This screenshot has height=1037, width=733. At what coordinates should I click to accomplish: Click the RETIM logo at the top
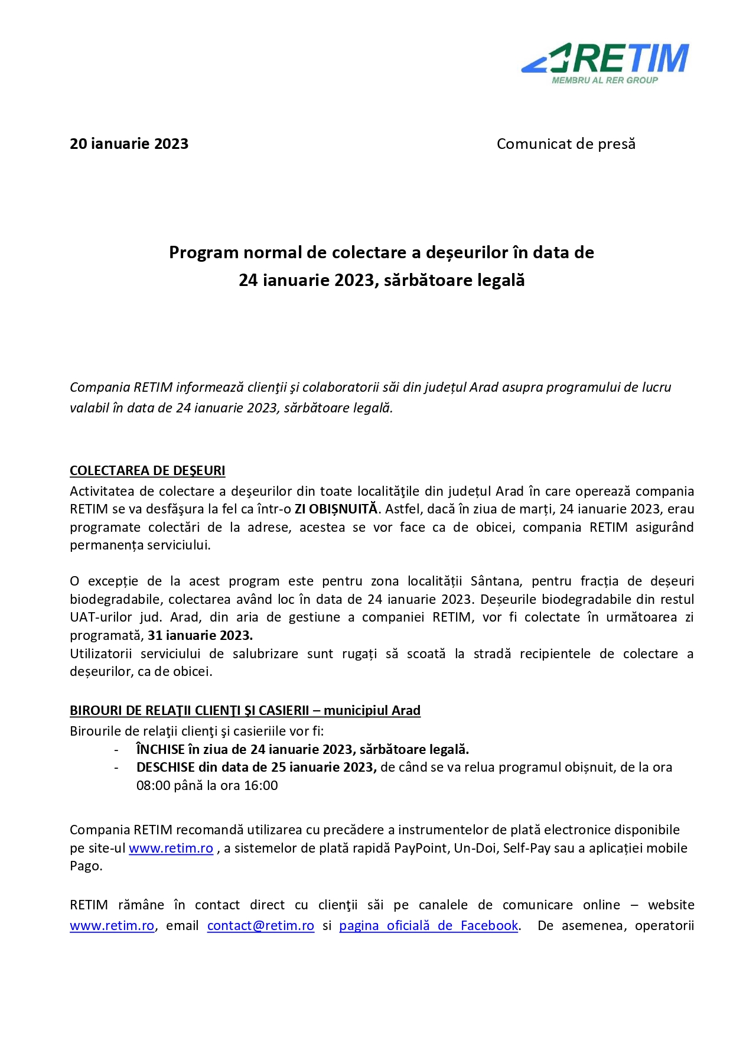coord(605,58)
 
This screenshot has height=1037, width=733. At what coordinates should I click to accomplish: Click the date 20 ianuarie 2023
coord(129,144)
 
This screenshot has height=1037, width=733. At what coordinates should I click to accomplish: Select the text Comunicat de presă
coord(565,144)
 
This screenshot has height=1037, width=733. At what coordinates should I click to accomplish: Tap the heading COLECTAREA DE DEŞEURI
coord(147,471)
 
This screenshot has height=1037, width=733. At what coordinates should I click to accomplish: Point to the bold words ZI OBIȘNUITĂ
coord(335,509)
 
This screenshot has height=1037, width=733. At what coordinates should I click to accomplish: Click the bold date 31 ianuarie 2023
coord(200,636)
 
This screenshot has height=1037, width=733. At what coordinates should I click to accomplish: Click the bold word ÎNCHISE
coord(161,750)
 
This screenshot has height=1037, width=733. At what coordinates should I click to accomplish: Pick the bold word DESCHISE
coord(165,768)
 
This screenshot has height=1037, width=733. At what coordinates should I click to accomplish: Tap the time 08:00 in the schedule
coord(154,786)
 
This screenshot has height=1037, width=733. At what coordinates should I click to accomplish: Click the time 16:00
coord(261,786)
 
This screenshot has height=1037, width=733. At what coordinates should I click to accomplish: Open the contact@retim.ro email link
coord(260,926)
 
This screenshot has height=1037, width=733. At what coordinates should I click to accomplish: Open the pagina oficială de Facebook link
coord(428,926)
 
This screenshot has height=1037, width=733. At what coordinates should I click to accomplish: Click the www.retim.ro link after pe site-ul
coord(171,849)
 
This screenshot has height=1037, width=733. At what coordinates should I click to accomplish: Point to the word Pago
coord(86,866)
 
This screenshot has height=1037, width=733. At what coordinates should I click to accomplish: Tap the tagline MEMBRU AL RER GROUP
coord(604,80)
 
